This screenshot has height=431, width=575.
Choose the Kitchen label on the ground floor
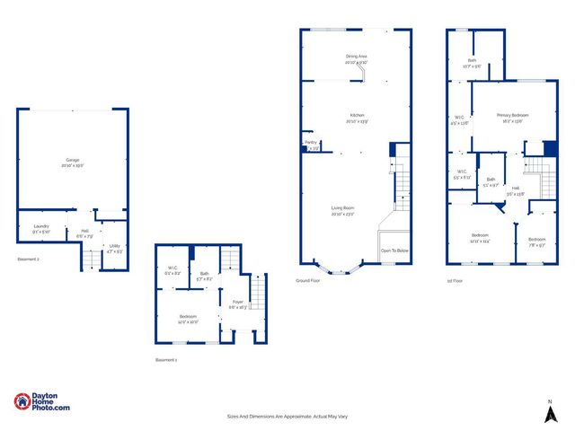[x=357, y=118]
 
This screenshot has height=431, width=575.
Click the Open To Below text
[x=394, y=251]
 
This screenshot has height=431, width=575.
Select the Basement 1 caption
[x=166, y=359]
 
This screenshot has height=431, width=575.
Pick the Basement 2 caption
[x=29, y=259]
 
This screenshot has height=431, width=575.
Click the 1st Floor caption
[x=456, y=280]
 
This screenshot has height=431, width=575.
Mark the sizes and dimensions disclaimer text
[x=287, y=417]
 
